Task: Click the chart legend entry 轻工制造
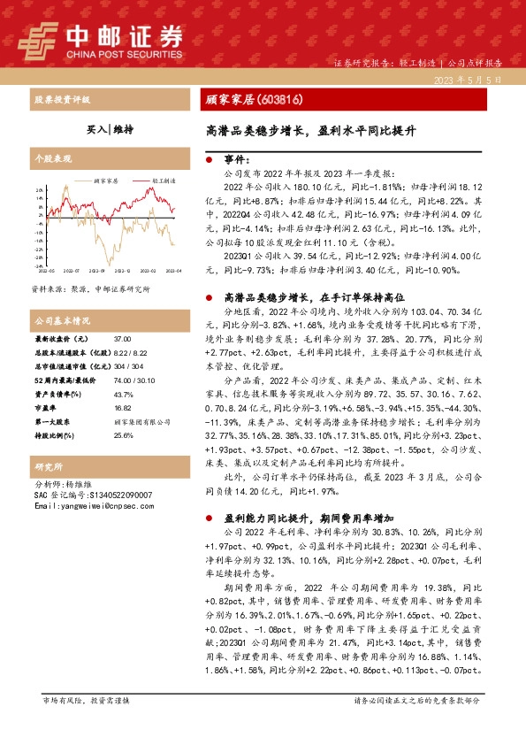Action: pyautogui.click(x=161, y=180)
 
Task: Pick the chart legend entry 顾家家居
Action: pyautogui.click(x=106, y=180)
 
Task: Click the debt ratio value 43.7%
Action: pyautogui.click(x=124, y=369)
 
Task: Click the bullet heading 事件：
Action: pyautogui.click(x=239, y=161)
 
